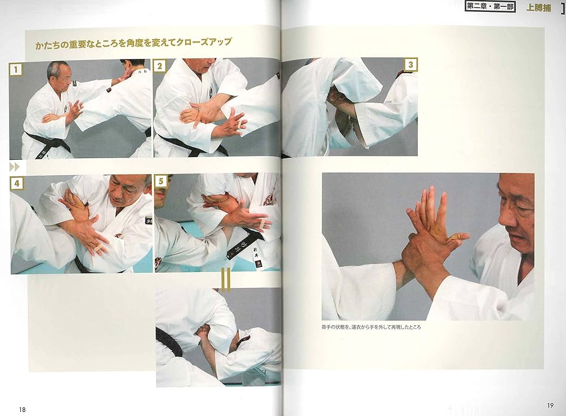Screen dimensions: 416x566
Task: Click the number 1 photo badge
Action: point(16,69)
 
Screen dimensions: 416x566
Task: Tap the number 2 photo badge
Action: point(160,66)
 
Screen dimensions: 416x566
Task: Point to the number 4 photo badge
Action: point(17,184)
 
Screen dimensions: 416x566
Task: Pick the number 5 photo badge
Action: point(161,182)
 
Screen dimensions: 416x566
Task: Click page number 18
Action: point(22,410)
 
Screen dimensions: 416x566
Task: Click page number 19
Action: point(550,405)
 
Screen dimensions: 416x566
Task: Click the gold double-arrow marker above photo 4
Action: point(15,167)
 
